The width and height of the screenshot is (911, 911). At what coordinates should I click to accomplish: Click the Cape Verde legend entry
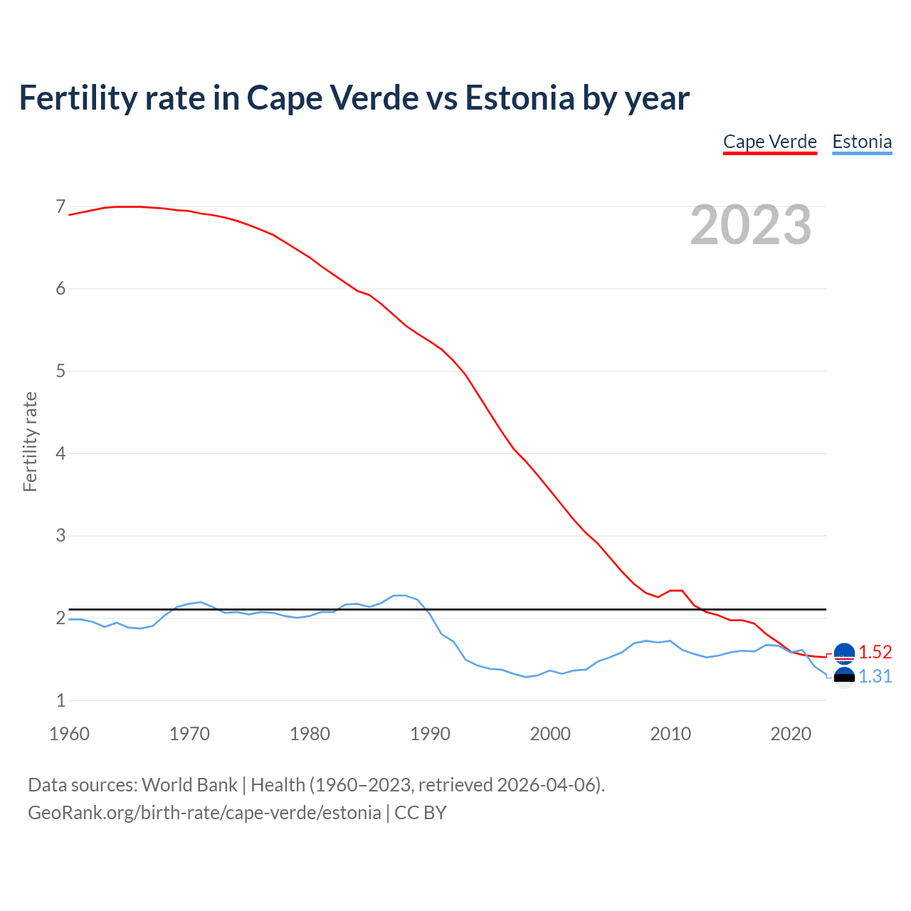[769, 142]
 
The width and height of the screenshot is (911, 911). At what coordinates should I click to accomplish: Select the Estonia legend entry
[862, 142]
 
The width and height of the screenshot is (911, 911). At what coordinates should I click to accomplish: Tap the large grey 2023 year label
[751, 225]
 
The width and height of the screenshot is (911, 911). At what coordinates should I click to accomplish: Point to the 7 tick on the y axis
[60, 207]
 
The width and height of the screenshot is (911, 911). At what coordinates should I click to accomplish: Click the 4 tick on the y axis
[60, 453]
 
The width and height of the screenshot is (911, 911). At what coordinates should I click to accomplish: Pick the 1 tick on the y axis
[60, 700]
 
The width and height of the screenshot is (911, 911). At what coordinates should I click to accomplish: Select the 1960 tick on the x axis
[69, 734]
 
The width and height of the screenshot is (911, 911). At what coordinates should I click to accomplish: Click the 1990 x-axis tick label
[430, 734]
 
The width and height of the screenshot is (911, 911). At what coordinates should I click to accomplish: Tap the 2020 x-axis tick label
[791, 734]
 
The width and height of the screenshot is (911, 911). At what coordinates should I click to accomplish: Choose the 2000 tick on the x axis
[550, 734]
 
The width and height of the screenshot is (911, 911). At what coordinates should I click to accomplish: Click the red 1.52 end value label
[875, 652]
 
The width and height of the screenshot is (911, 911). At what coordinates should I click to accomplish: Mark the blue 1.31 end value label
[875, 676]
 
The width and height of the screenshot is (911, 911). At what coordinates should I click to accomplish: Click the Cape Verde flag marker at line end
[844, 653]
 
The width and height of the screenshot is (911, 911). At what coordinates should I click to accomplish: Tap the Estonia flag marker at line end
[844, 678]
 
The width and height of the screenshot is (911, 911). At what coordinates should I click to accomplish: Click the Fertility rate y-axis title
[30, 441]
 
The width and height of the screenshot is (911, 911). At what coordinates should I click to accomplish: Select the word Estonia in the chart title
[520, 98]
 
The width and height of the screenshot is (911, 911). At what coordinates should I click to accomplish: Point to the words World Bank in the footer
[189, 785]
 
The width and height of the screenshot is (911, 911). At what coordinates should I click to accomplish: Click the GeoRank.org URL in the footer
[204, 813]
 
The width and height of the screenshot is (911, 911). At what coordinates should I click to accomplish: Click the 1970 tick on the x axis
[189, 734]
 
